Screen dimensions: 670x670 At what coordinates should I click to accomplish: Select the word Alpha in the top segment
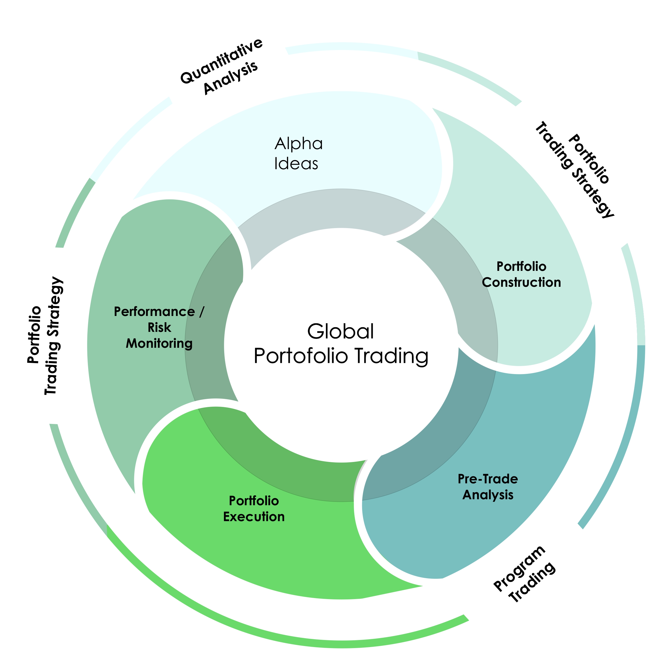(x=299, y=144)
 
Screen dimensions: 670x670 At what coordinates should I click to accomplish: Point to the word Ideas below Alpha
(x=296, y=164)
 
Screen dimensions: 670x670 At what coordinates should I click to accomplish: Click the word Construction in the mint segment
(x=521, y=282)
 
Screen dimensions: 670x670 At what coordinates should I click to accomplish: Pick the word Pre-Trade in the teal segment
(x=488, y=479)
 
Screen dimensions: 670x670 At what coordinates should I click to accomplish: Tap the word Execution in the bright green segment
(x=254, y=517)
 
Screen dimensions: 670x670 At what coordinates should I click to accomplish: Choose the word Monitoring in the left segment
(x=159, y=343)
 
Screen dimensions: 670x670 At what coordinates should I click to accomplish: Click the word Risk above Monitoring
(x=159, y=327)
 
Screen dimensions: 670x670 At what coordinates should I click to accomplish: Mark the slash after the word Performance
(x=202, y=312)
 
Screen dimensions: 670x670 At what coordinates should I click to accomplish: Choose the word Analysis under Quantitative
(x=231, y=78)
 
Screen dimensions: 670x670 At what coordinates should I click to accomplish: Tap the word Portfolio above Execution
(x=254, y=501)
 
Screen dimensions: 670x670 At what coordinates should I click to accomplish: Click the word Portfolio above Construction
(x=521, y=266)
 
